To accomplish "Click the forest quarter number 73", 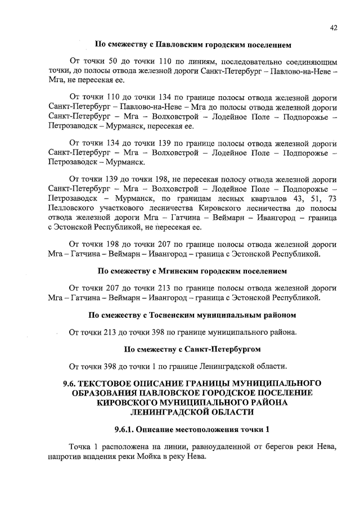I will (332, 199).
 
